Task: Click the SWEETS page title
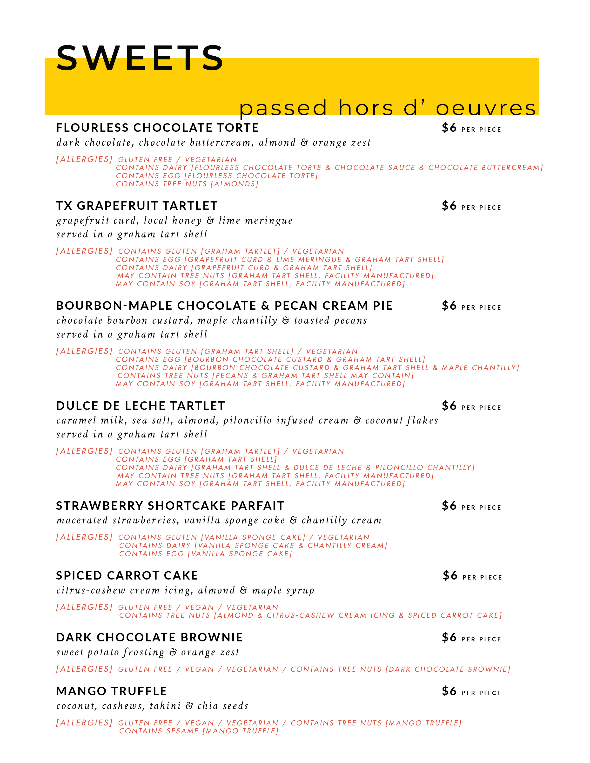pos(140,58)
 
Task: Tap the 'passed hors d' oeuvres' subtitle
pos(388,108)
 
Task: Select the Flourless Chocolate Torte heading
pos(157,128)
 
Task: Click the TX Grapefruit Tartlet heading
pos(137,206)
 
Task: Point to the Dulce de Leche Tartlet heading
pos(141,406)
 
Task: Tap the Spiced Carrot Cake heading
pos(127,575)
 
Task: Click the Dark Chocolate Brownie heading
pos(149,637)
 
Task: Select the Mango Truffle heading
pos(112,691)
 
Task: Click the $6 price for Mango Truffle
pos(449,691)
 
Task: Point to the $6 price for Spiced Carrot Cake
pos(450,575)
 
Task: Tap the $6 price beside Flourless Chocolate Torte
pos(449,128)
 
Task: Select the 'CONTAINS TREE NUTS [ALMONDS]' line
pos(187,184)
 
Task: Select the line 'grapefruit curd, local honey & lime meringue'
pos(174,221)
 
